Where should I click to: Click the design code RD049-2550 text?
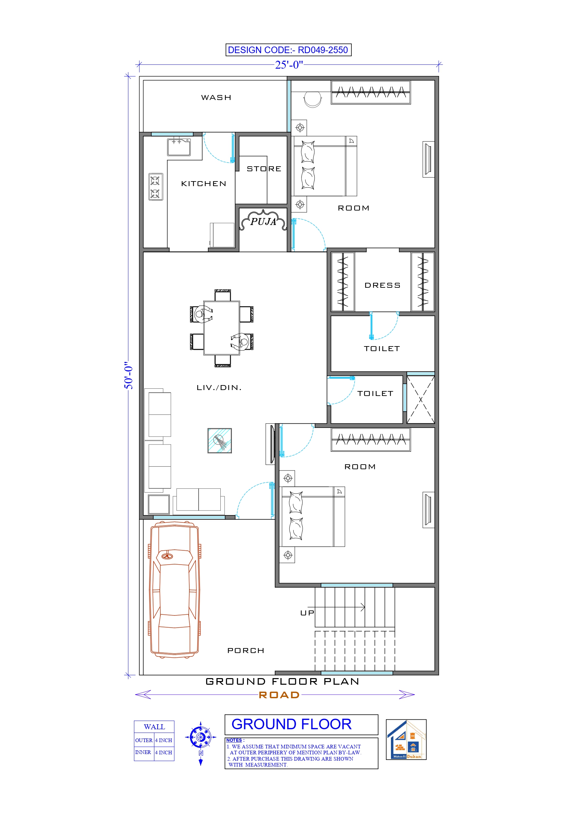coord(288,50)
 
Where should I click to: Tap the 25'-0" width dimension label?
coord(289,65)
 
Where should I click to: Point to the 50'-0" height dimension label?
coord(128,377)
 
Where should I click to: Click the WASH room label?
coord(216,98)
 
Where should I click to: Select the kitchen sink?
coord(179,147)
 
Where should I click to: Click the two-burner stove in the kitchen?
coord(155,187)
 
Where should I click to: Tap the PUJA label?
coord(263,221)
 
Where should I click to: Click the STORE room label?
coord(264,169)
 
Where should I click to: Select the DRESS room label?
coord(382,285)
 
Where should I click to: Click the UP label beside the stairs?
coord(307,613)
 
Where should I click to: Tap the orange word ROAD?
coord(279,695)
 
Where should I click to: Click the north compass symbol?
coord(201,737)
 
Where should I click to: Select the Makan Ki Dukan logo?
coord(406,739)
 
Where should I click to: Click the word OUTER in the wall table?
coord(144,740)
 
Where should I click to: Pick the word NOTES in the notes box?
coord(234,740)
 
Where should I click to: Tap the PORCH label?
coord(245,651)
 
